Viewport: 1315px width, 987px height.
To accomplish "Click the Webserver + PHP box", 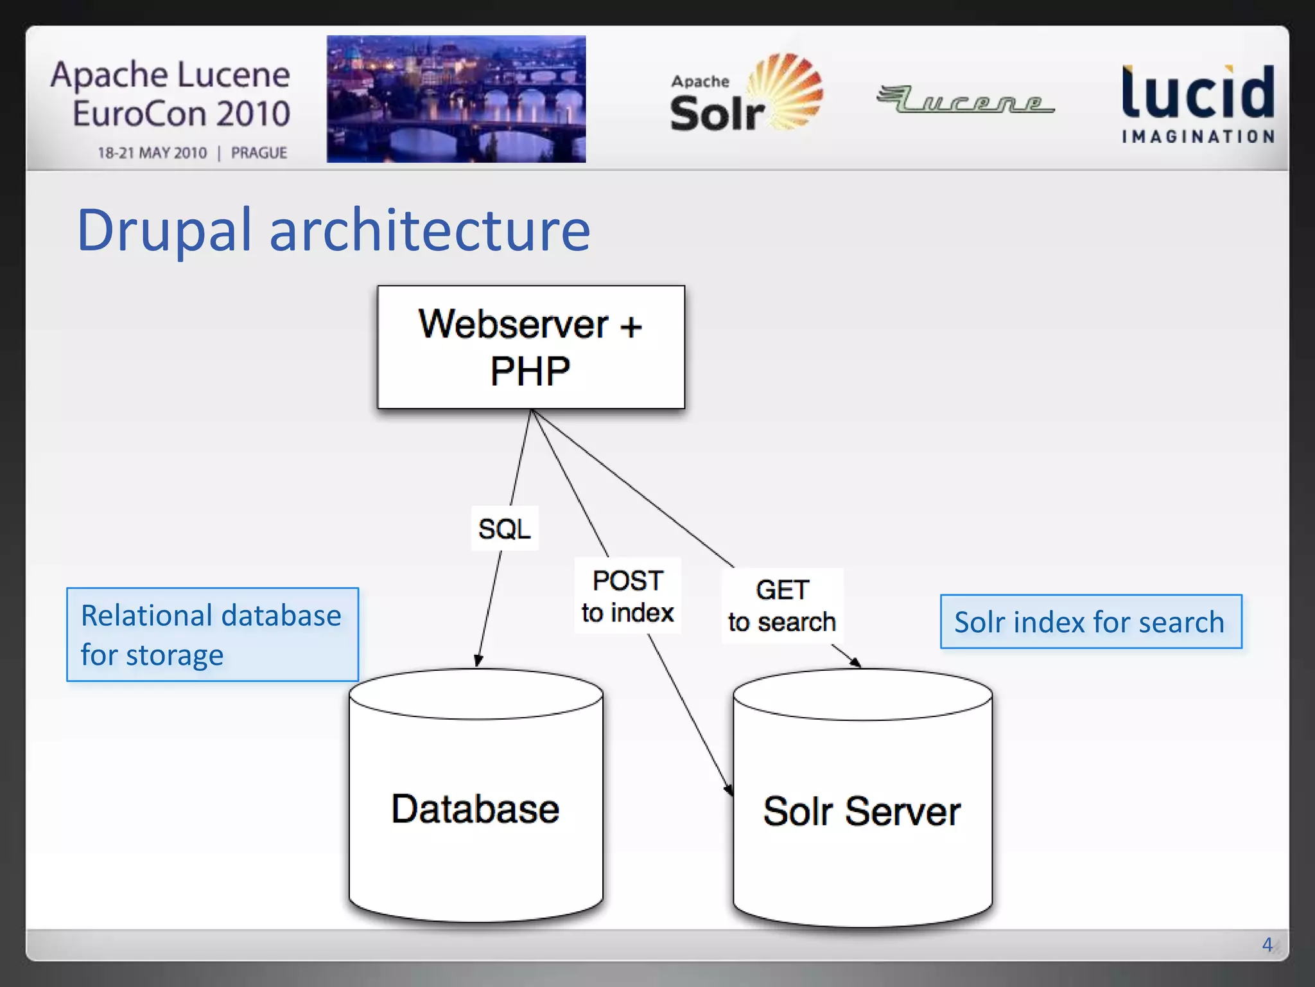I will [x=531, y=347].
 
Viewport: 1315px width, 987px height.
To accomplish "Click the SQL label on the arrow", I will [x=505, y=529].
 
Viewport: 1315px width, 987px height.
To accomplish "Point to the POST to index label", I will [x=627, y=596].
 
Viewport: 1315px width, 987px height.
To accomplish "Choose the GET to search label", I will [x=782, y=605].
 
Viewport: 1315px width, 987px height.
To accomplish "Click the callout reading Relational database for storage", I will [x=213, y=635].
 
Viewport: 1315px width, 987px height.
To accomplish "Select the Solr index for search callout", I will [x=1090, y=622].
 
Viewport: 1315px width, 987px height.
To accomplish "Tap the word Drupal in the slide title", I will [x=164, y=230].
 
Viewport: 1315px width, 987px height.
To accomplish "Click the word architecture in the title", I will [x=429, y=230].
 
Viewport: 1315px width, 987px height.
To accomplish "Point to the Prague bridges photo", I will [x=456, y=99].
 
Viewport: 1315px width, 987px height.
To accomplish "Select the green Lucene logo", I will [x=964, y=100].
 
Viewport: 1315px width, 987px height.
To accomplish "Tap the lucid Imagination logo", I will [x=1198, y=103].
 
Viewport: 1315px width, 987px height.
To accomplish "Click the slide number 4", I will [x=1267, y=944].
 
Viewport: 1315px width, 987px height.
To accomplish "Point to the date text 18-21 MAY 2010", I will [x=152, y=153].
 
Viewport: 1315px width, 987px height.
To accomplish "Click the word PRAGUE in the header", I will [x=259, y=153].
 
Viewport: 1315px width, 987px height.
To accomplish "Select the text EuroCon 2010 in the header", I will [x=181, y=114].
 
